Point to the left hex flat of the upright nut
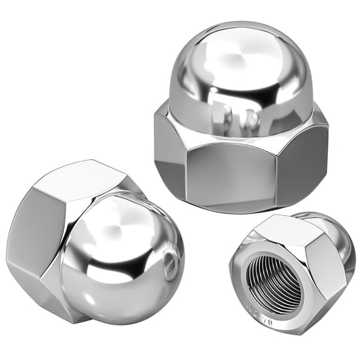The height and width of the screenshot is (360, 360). (x=168, y=157)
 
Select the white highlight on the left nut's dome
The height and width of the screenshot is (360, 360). (x=116, y=220)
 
